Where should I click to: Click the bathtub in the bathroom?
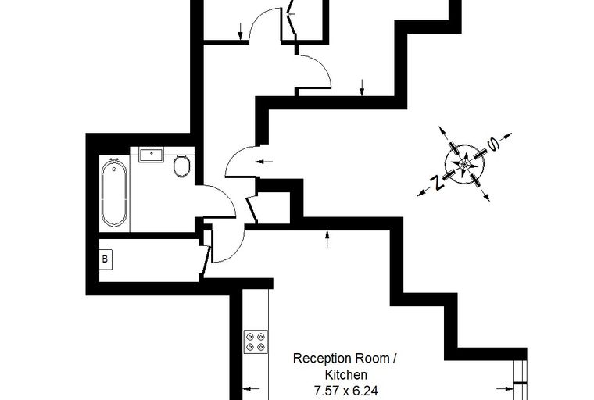click(x=114, y=192)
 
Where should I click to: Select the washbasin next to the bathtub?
click(x=151, y=155)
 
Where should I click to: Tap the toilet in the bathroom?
click(x=182, y=166)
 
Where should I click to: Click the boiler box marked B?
click(x=104, y=258)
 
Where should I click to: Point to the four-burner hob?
click(x=255, y=341)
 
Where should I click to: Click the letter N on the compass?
click(x=439, y=184)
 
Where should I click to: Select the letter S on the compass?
click(x=493, y=145)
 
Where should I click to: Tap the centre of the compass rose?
click(x=466, y=164)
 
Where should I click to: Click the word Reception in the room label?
click(x=320, y=359)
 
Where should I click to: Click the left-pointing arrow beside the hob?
click(x=252, y=388)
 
